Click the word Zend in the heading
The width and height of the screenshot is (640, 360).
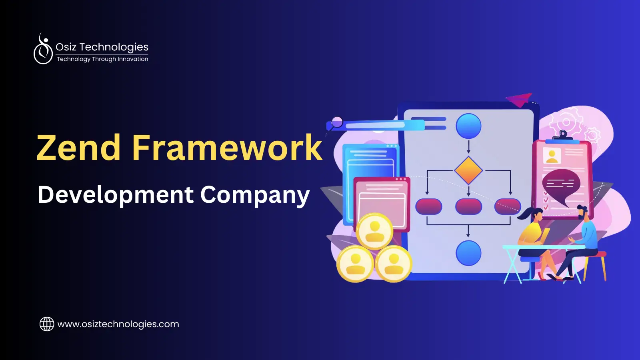(x=78, y=148)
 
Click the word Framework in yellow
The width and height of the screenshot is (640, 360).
(x=227, y=148)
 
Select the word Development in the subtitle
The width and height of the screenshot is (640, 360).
(x=116, y=195)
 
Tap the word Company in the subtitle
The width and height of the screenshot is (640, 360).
(x=255, y=195)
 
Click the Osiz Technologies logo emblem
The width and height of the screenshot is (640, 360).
(x=43, y=50)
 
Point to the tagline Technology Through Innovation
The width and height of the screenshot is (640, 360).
(x=102, y=59)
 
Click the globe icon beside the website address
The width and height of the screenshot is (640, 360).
(x=47, y=324)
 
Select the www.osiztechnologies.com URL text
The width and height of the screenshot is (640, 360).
(x=118, y=324)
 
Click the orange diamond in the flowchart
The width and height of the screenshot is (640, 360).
(x=468, y=170)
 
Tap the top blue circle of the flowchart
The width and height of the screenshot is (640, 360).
(x=468, y=126)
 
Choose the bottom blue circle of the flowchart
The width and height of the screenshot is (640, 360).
(x=468, y=253)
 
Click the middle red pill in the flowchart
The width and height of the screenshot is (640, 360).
(x=468, y=206)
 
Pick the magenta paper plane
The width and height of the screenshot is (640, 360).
(x=520, y=99)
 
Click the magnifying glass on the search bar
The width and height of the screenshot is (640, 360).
(x=336, y=122)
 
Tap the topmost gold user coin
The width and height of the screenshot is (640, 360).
(x=375, y=231)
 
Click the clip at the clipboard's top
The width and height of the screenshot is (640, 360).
(x=563, y=136)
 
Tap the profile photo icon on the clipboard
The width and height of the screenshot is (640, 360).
(x=552, y=156)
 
